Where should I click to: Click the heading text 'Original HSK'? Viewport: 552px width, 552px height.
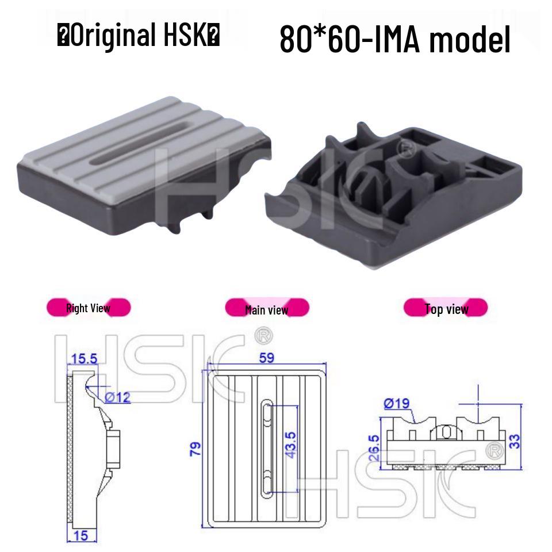click(138, 36)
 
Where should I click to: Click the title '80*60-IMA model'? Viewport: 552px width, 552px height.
click(394, 39)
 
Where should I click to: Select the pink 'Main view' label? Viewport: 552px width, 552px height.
click(266, 309)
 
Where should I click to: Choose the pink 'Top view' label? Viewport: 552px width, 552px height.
click(446, 309)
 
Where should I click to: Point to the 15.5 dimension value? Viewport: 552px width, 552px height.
click(84, 359)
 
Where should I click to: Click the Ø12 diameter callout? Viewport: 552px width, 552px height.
click(118, 397)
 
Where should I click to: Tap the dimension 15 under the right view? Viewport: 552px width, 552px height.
click(81, 535)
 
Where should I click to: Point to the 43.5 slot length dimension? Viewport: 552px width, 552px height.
click(290, 446)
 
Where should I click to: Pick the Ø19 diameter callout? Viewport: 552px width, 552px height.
click(396, 403)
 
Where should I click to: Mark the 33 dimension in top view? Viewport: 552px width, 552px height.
click(515, 441)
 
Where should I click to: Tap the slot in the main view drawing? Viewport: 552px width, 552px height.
click(267, 447)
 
